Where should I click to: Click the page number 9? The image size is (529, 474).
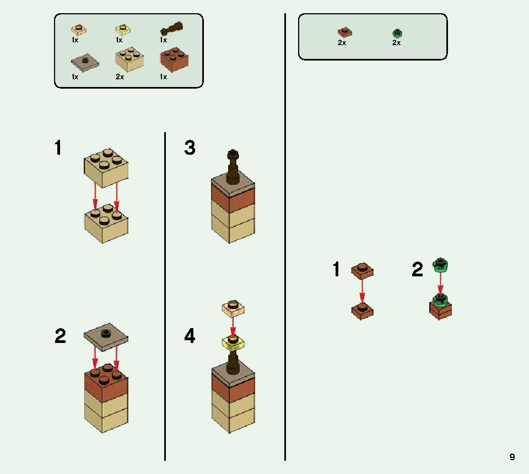512,457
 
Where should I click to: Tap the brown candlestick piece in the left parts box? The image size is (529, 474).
171,29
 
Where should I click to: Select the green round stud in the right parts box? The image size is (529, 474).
397,34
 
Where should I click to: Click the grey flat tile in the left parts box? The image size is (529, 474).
85,62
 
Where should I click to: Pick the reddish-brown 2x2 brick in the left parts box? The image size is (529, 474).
174,59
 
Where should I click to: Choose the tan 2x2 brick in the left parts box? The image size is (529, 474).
129,59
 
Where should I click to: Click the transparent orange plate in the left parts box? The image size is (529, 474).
79,30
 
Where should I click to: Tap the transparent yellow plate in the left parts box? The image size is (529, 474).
123,30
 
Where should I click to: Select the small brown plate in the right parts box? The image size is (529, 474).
345,32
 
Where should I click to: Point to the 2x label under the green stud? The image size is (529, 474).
396,43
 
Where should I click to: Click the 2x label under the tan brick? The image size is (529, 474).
120,77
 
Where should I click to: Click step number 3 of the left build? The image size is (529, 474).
190,148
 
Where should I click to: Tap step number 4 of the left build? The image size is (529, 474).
190,336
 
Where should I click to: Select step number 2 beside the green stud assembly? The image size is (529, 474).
417,269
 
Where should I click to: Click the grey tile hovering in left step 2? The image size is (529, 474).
106,337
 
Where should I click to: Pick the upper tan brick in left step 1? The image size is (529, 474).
106,167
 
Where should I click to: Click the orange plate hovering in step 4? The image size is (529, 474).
233,309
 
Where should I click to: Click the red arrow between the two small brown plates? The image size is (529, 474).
362,290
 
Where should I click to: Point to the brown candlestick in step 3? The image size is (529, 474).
233,167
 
